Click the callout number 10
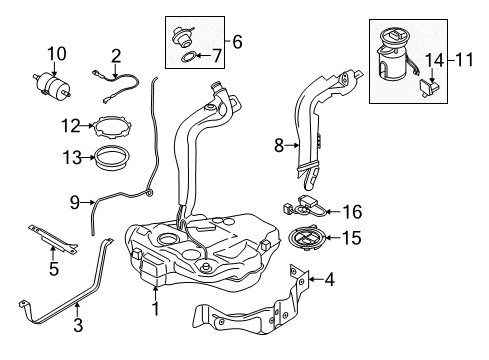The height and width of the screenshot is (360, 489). pos(56,53)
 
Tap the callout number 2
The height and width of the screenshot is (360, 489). pos(116,55)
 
